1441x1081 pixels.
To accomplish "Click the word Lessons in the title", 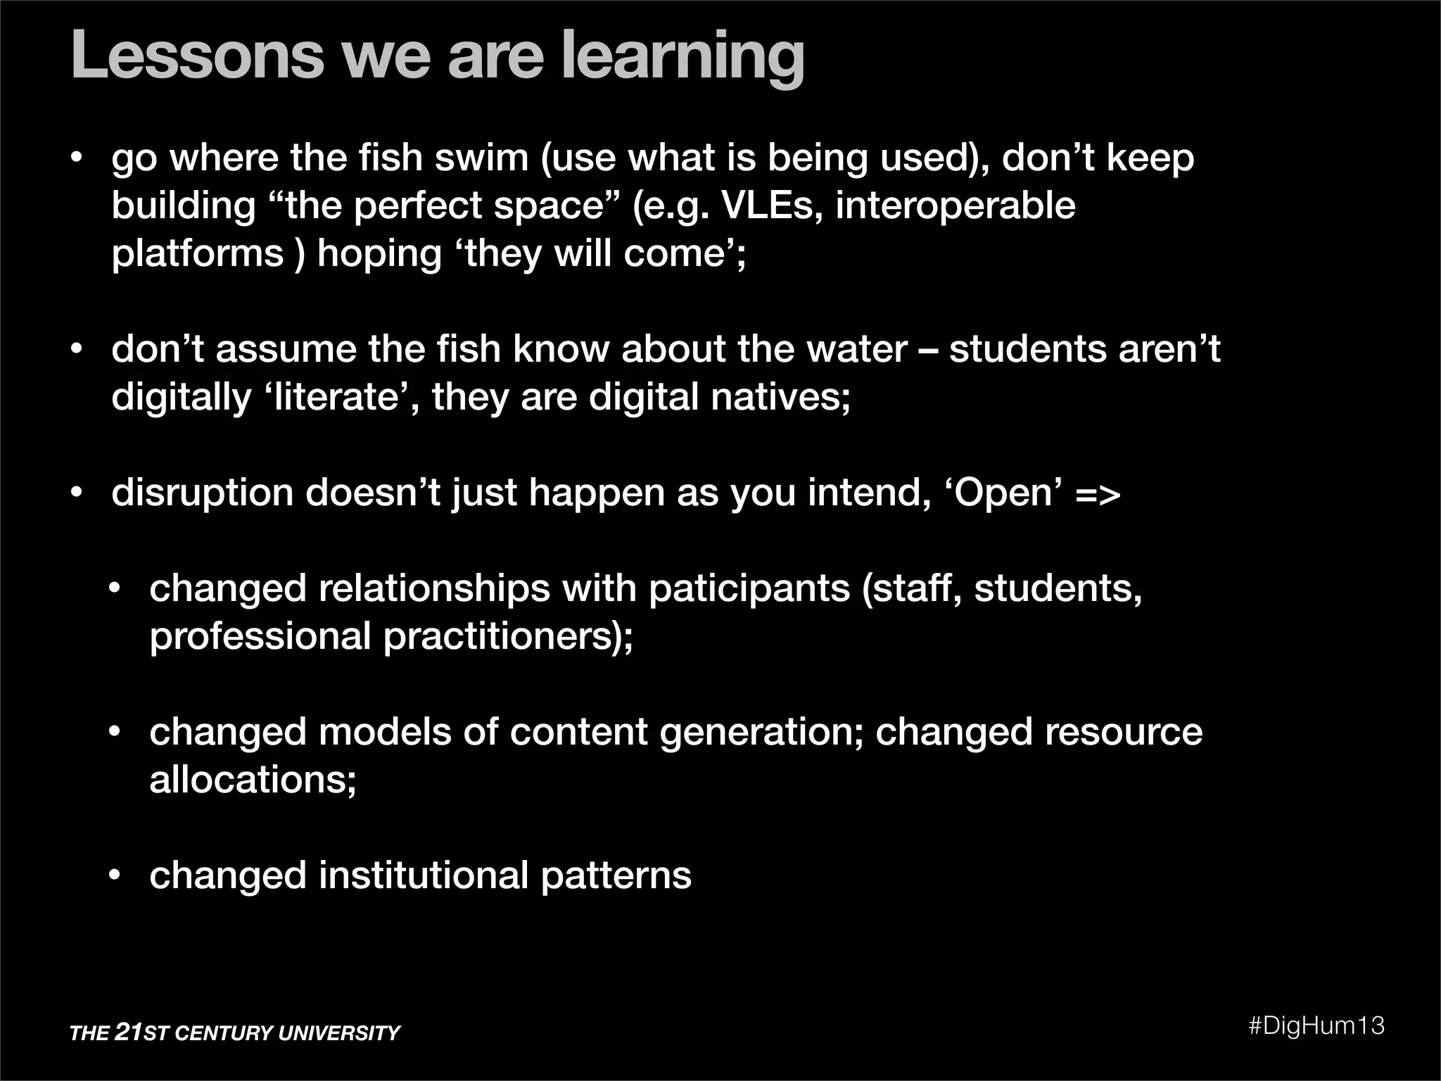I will coord(198,56).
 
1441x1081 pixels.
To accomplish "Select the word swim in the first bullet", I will coord(481,158).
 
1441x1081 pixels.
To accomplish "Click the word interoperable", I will coord(956,206).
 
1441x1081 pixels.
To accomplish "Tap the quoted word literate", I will coord(336,397).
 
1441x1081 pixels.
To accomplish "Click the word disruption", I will coord(202,493).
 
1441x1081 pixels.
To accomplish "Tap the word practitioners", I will coord(507,636).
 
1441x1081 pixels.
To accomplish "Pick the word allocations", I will coord(253,780).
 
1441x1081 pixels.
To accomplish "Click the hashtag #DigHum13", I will coord(1316,1025).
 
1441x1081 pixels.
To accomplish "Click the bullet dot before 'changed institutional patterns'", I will coord(115,876).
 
